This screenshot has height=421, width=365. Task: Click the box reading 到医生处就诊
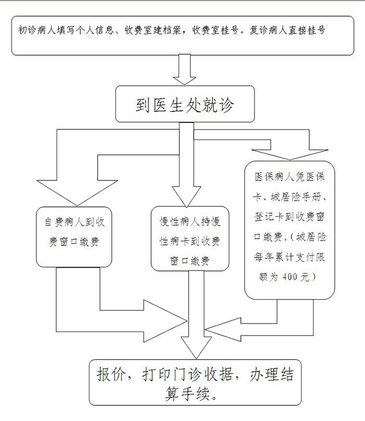[x=185, y=104]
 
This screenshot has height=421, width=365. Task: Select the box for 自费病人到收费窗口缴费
[x=74, y=237]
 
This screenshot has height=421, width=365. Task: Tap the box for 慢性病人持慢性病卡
[x=190, y=239]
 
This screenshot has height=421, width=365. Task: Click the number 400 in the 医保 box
[x=289, y=277]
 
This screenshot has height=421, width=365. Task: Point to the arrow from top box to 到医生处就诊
[x=185, y=69]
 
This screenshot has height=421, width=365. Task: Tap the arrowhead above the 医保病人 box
[x=290, y=155]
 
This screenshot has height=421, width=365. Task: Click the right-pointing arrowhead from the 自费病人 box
[x=165, y=321]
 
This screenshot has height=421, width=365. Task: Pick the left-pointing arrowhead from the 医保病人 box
[x=223, y=329]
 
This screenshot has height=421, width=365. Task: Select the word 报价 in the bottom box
[x=110, y=374]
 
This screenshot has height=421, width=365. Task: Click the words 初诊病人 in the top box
[x=37, y=30]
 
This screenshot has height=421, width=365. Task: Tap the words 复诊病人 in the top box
[x=268, y=30]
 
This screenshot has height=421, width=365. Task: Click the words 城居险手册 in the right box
[x=296, y=197]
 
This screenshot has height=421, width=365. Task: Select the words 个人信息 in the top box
[x=94, y=30]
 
